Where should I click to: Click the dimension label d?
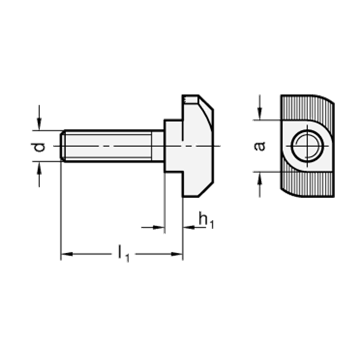[40, 146]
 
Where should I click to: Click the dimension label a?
[260, 146]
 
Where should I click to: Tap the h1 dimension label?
[206, 221]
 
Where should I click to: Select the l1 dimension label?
[123, 254]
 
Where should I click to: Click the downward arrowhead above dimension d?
[39, 125]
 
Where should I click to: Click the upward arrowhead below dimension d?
[39, 167]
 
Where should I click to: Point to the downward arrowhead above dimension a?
[260, 114]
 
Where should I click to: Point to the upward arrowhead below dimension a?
[260, 177]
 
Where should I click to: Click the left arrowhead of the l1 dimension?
[67, 254]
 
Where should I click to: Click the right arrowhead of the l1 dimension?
[177, 254]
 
